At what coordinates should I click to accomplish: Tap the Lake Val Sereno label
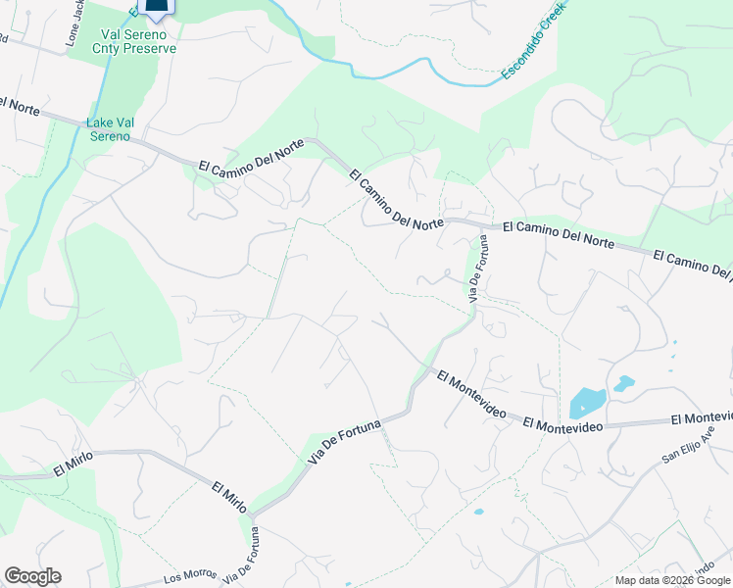(108, 129)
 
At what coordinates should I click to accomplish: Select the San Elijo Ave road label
(689, 445)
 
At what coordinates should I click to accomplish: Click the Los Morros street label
(187, 577)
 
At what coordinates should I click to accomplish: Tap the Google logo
(32, 576)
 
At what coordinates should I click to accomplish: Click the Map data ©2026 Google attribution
(672, 580)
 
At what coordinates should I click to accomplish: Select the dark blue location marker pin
(156, 8)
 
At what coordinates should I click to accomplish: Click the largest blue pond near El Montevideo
(586, 403)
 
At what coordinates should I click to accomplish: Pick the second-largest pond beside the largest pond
(623, 383)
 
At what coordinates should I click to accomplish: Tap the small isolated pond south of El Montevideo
(478, 512)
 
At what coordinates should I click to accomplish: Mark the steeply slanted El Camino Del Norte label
(396, 198)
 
